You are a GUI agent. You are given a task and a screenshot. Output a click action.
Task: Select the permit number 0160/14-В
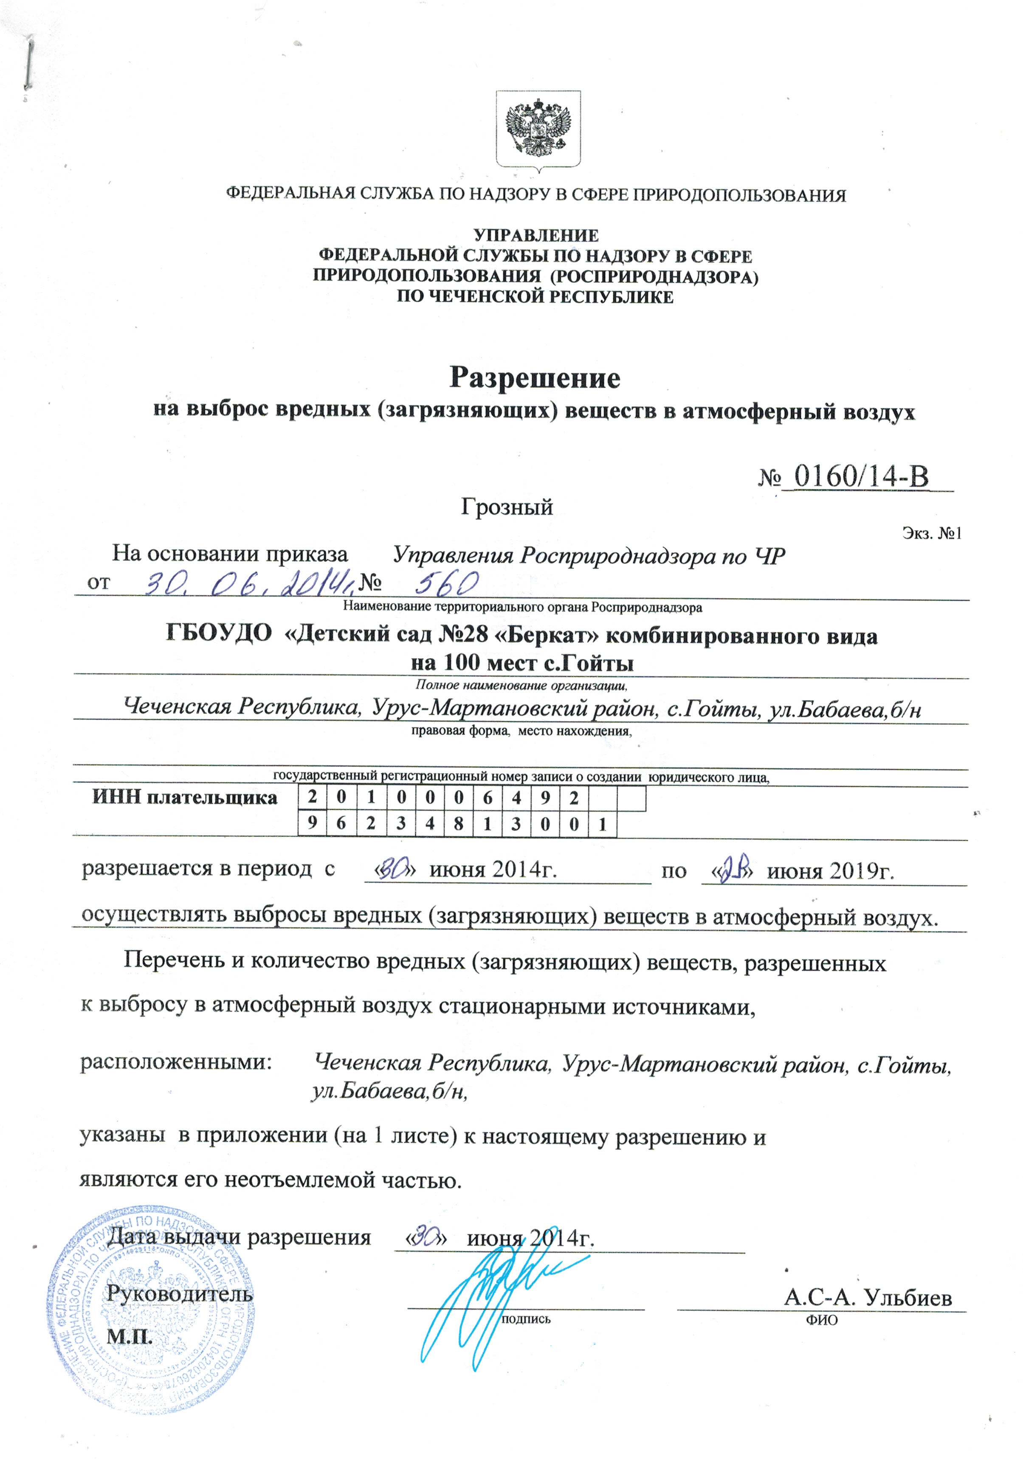(x=861, y=476)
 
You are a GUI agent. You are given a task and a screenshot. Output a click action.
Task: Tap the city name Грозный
(x=507, y=507)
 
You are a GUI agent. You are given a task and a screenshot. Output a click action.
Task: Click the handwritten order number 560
(x=447, y=581)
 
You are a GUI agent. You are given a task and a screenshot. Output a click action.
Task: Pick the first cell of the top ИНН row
(x=312, y=797)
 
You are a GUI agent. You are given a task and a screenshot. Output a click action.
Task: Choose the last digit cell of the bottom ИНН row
(x=602, y=825)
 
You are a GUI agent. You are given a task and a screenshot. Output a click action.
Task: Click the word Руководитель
(x=180, y=1293)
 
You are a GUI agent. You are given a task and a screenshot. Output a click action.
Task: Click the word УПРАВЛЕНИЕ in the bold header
(x=535, y=236)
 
